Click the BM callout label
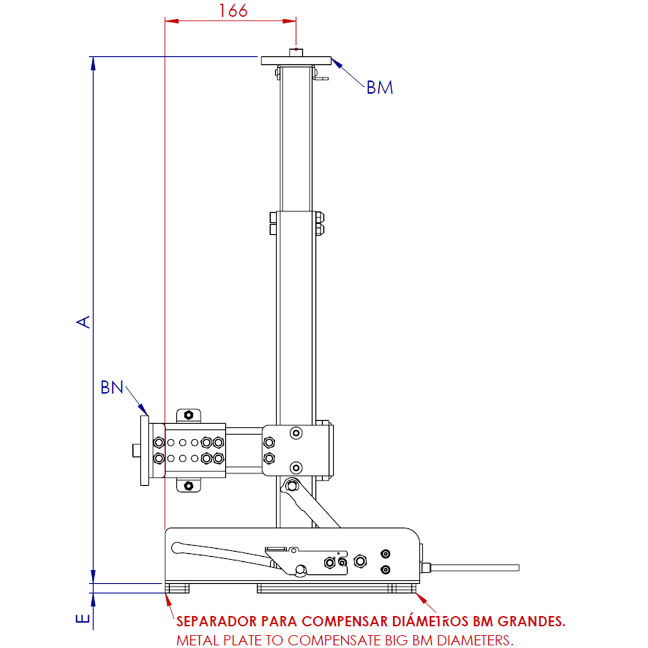coord(380,87)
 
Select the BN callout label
coord(112,388)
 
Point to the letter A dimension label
coord(84,321)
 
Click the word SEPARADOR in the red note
coord(216,622)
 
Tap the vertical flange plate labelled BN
coord(145,451)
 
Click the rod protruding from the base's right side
coord(474,567)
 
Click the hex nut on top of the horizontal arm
coord(187,415)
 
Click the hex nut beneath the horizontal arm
coord(187,485)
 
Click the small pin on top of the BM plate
coord(295,52)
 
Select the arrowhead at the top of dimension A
coord(93,62)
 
